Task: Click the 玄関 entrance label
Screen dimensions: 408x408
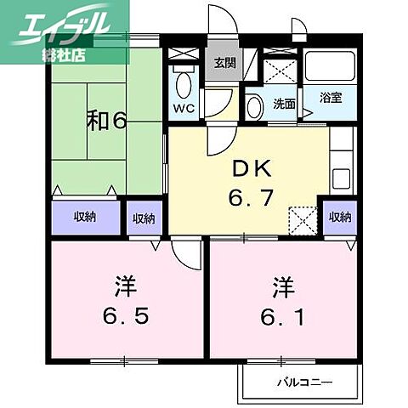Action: (224, 63)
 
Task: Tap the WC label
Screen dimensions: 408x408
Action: (184, 108)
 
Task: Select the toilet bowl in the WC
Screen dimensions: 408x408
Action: (184, 86)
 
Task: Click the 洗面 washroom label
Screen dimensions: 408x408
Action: (284, 104)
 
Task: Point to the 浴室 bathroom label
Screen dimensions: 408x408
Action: (331, 98)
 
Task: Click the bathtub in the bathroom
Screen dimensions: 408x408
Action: (330, 66)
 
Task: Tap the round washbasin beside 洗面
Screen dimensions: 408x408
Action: (254, 108)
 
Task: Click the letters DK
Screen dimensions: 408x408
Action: (252, 168)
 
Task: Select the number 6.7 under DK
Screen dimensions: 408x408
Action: (251, 197)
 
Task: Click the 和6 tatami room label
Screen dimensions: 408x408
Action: (106, 122)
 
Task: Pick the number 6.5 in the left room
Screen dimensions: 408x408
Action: (126, 316)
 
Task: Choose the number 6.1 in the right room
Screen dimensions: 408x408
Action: (282, 317)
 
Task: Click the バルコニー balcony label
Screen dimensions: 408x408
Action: (304, 382)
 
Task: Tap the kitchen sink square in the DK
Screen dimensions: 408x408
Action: (341, 179)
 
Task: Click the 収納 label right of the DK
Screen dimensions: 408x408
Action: (340, 217)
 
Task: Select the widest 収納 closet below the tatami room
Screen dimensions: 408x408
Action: (86, 218)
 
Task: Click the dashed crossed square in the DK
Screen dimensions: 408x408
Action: (303, 221)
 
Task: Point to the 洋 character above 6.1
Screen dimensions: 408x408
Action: (283, 287)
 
